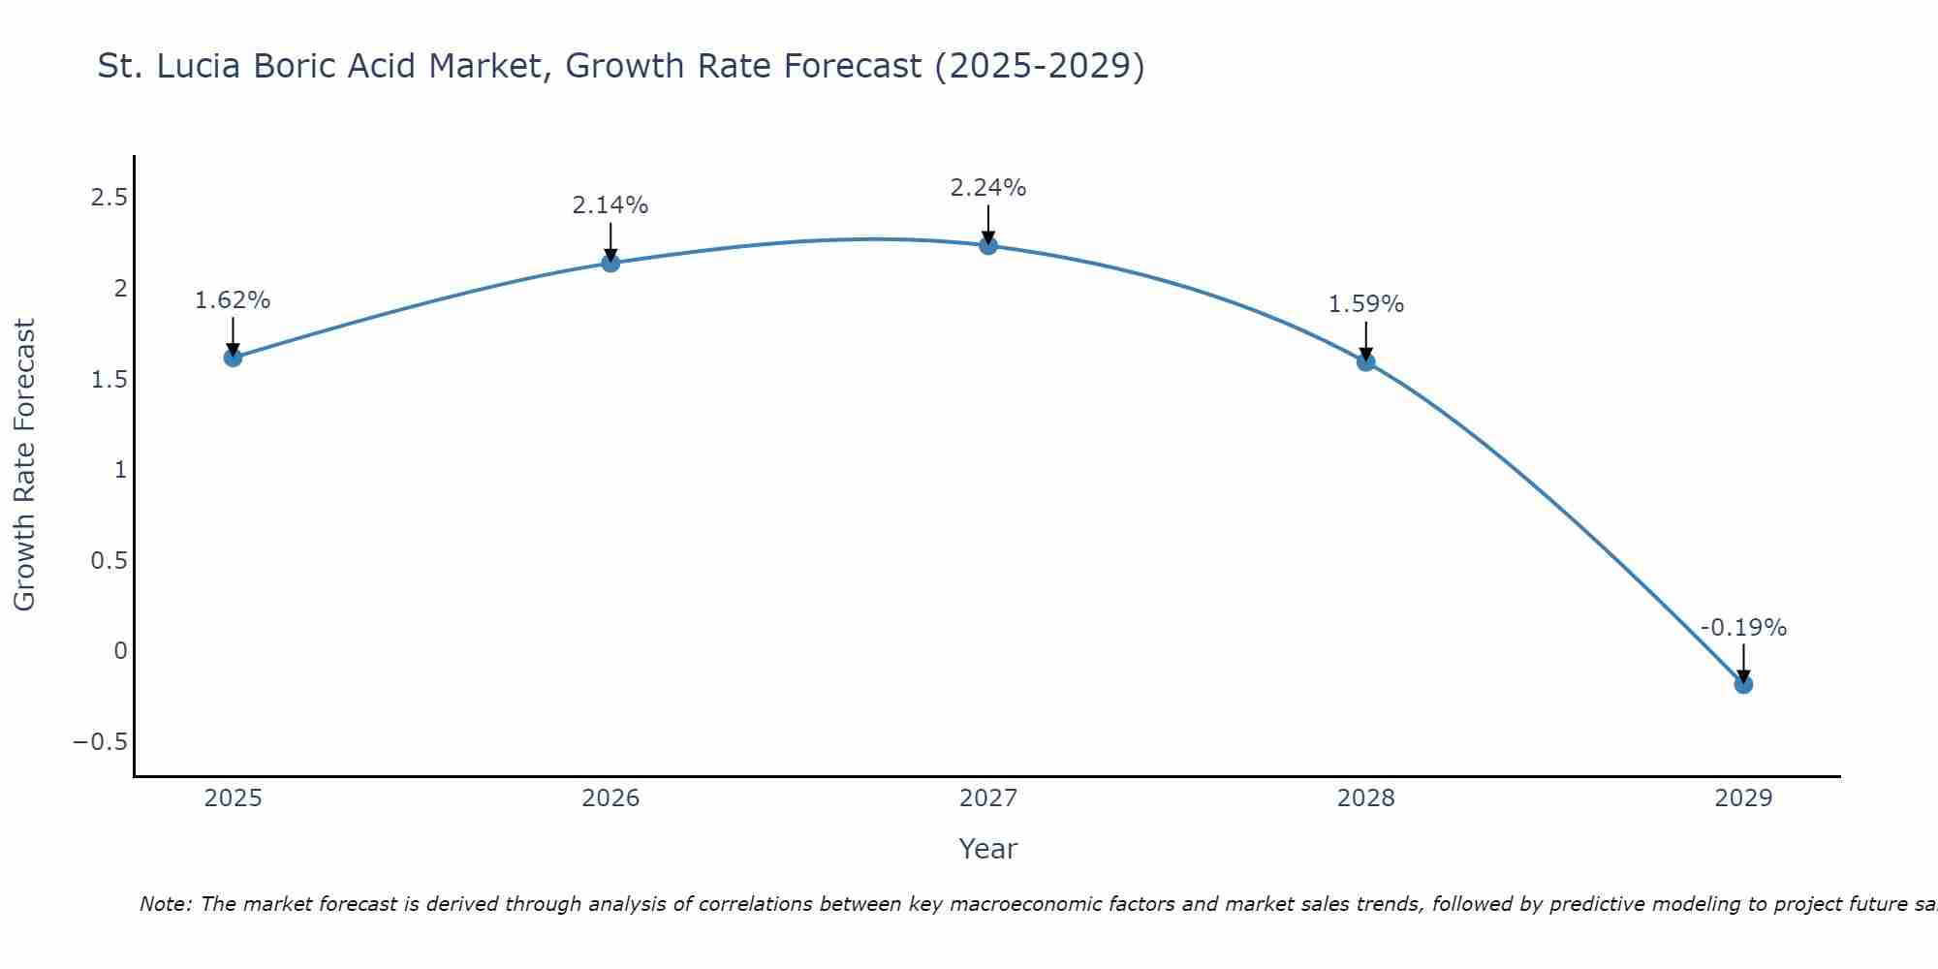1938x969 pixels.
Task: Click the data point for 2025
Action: pyautogui.click(x=233, y=358)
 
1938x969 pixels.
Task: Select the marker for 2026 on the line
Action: pyautogui.click(x=610, y=263)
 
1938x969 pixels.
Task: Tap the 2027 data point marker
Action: pyautogui.click(x=988, y=245)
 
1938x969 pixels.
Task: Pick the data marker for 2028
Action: pyautogui.click(x=1365, y=362)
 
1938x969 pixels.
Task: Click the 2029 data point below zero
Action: pyautogui.click(x=1743, y=685)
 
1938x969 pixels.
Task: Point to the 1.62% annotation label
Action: pyautogui.click(x=233, y=300)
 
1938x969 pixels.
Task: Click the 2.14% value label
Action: pyautogui.click(x=610, y=205)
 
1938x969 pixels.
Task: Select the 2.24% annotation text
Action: pyautogui.click(x=988, y=188)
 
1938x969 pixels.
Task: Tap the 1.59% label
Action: pyautogui.click(x=1365, y=304)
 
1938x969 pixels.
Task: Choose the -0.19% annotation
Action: pyautogui.click(x=1743, y=628)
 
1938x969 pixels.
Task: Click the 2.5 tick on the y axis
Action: pyautogui.click(x=109, y=198)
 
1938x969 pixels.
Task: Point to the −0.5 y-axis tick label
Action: pyautogui.click(x=100, y=742)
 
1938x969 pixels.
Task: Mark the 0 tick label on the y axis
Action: pyautogui.click(x=120, y=651)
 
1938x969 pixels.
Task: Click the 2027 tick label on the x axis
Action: pyautogui.click(x=988, y=798)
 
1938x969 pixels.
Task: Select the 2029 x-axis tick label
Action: pyautogui.click(x=1743, y=798)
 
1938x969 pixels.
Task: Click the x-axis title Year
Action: pyautogui.click(x=988, y=849)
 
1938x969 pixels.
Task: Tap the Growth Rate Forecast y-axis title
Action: pyautogui.click(x=24, y=465)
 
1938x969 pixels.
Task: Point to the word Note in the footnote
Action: pyautogui.click(x=165, y=904)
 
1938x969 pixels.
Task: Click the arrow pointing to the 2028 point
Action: pyautogui.click(x=1365, y=341)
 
